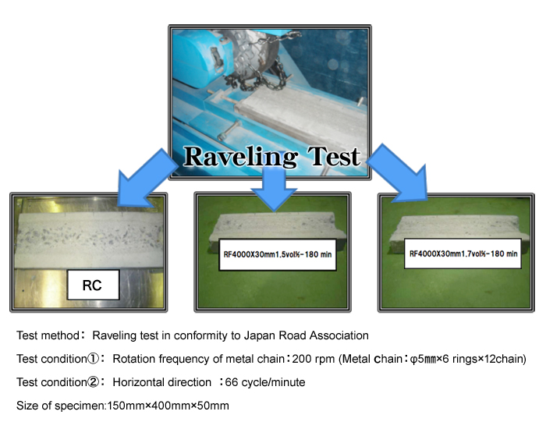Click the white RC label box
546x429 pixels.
pyautogui.click(x=94, y=285)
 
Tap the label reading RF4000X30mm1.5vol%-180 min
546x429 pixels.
pyautogui.click(x=278, y=254)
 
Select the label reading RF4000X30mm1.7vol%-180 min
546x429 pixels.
pyautogui.click(x=463, y=253)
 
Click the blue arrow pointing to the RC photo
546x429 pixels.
pyautogui.click(x=147, y=178)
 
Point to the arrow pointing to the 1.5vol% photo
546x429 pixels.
pyautogui.click(x=274, y=188)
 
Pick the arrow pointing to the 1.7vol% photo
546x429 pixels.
pyautogui.click(x=399, y=173)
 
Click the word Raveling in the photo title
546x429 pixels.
pyautogui.click(x=240, y=157)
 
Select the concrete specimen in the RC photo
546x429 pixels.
pyautogui.click(x=89, y=239)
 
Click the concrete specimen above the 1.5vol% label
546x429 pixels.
pyautogui.click(x=275, y=226)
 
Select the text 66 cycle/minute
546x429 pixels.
pyautogui.click(x=265, y=382)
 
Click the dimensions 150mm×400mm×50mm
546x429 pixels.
pyautogui.click(x=168, y=406)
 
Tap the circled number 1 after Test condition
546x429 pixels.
pyautogui.click(x=93, y=359)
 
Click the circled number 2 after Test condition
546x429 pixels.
pyautogui.click(x=93, y=382)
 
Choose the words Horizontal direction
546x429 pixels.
pyautogui.click(x=162, y=382)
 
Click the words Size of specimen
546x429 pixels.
pyautogui.click(x=61, y=406)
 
